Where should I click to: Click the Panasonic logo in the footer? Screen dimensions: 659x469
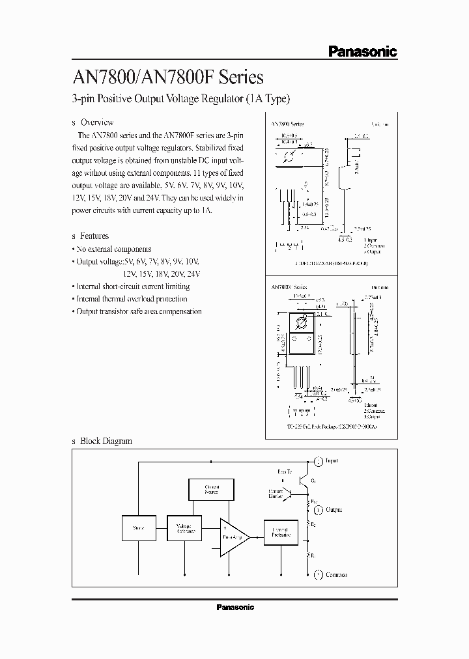coord(234,607)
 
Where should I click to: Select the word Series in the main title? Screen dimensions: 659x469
coord(241,77)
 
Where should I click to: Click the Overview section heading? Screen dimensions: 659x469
coord(96,122)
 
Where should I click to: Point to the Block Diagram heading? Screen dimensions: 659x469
coord(106,441)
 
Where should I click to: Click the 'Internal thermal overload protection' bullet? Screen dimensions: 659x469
coord(132,299)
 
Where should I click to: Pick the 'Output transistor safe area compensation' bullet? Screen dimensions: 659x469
coord(139,311)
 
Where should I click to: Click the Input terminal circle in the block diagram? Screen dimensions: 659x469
coord(319,461)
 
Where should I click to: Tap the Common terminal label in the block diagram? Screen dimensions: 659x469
coord(337,575)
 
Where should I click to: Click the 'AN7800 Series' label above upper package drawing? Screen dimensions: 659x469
coord(288,122)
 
